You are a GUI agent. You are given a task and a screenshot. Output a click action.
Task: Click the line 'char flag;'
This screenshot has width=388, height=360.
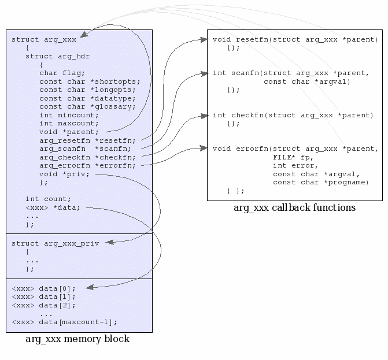pos(62,73)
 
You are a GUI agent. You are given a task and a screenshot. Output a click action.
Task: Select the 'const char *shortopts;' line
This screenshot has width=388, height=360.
pos(87,81)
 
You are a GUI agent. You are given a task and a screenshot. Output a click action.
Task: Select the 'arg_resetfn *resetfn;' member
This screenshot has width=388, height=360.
pos(87,140)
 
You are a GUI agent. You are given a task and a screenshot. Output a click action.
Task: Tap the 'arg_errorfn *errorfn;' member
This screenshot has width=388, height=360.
pos(87,165)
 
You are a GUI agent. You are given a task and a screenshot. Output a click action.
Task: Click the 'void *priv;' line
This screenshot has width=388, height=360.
pos(64,174)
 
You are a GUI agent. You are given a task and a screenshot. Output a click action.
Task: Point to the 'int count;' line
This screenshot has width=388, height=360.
pos(48,199)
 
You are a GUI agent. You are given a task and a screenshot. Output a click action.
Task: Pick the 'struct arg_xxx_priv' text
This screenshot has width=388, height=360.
pos(55,243)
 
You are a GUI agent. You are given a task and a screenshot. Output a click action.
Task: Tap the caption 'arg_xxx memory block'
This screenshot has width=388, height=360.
pos(77,339)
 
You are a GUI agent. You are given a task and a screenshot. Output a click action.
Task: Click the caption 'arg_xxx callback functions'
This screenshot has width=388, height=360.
pos(294,207)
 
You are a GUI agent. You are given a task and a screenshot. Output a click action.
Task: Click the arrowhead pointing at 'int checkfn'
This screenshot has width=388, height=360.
pos(204,116)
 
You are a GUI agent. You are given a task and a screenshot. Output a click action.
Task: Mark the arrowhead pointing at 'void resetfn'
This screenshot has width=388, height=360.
pos(204,40)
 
